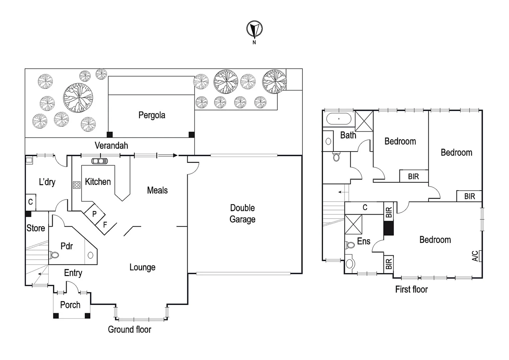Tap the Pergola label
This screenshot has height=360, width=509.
click(152, 115)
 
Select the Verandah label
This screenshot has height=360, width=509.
click(111, 146)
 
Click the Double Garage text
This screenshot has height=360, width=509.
click(243, 214)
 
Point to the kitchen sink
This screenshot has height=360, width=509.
click(100, 161)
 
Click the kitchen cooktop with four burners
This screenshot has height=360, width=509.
click(77, 185)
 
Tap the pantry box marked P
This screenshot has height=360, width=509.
click(94, 214)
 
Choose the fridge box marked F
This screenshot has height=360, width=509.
click(105, 225)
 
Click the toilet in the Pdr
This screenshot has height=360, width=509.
click(54, 255)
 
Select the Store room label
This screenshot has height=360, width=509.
click(36, 228)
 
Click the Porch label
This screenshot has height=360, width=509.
click(70, 305)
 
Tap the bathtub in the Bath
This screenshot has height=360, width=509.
click(339, 119)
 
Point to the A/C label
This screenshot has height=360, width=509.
click(475, 256)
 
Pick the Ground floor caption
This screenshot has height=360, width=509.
click(130, 330)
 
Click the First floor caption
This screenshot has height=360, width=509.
click(411, 289)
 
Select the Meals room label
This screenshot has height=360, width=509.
click(157, 190)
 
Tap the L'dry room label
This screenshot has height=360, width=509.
click(47, 182)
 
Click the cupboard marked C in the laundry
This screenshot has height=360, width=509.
click(30, 202)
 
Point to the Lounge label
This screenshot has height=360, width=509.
click(142, 267)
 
